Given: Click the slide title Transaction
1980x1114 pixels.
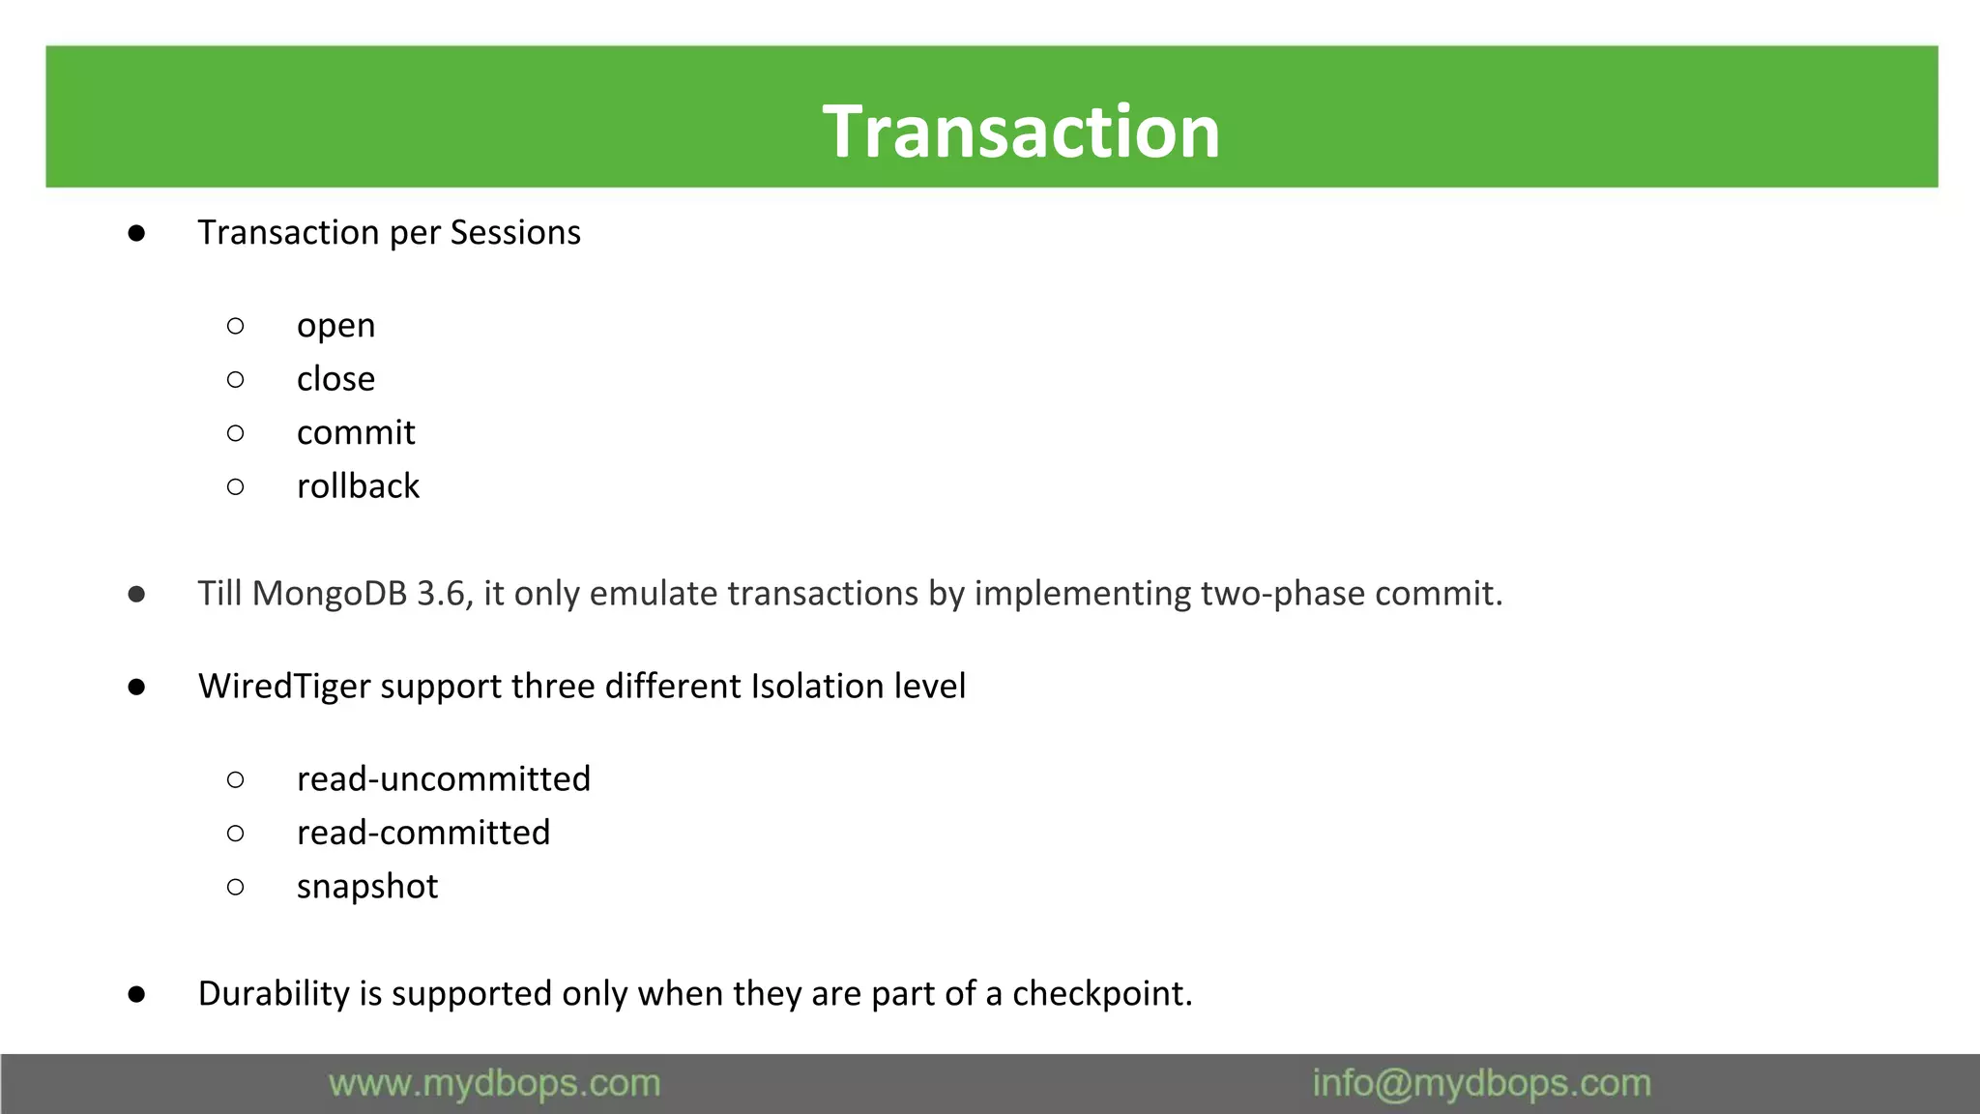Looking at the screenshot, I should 1021,132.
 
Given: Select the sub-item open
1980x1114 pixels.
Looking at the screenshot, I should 335,326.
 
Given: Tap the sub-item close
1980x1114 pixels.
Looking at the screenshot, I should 335,379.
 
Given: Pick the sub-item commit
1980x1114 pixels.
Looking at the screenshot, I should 356,432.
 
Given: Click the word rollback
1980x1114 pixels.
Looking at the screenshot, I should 358,486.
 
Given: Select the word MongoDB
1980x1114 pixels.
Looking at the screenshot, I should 330,594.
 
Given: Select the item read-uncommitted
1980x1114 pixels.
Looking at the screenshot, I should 443,779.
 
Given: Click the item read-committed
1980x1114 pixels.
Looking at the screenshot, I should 422,833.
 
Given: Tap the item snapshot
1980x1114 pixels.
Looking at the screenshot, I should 367,887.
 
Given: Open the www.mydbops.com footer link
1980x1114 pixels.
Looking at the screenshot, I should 494,1084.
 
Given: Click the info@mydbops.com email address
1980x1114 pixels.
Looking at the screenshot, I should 1481,1084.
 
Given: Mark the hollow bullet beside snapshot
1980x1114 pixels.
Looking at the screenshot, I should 235,887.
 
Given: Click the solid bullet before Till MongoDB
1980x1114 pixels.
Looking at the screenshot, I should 136,594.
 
